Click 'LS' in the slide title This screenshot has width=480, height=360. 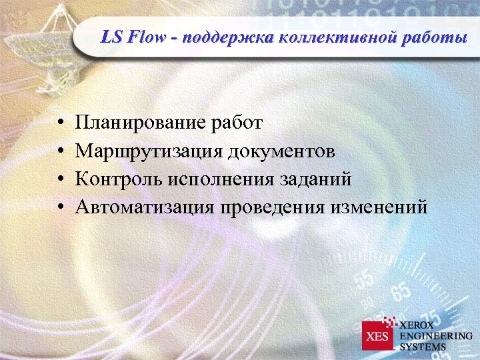tap(111, 37)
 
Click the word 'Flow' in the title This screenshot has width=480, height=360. tap(148, 37)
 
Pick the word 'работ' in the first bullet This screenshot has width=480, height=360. tap(237, 123)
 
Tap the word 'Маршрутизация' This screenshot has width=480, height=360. tap(149, 151)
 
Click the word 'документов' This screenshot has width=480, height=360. tap(283, 151)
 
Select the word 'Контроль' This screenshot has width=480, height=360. tap(120, 179)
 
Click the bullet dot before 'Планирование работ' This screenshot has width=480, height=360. tap(60, 124)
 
